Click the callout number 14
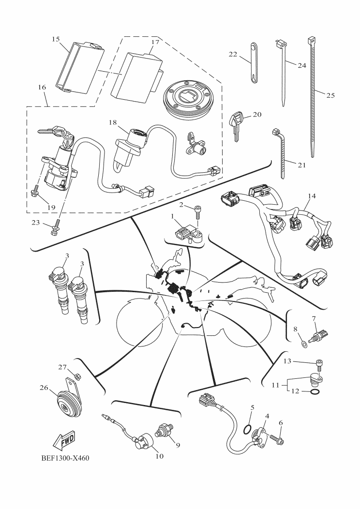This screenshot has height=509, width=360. pyautogui.click(x=312, y=196)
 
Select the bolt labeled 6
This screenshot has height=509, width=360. pyautogui.click(x=279, y=440)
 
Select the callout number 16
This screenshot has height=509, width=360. pyautogui.click(x=42, y=88)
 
